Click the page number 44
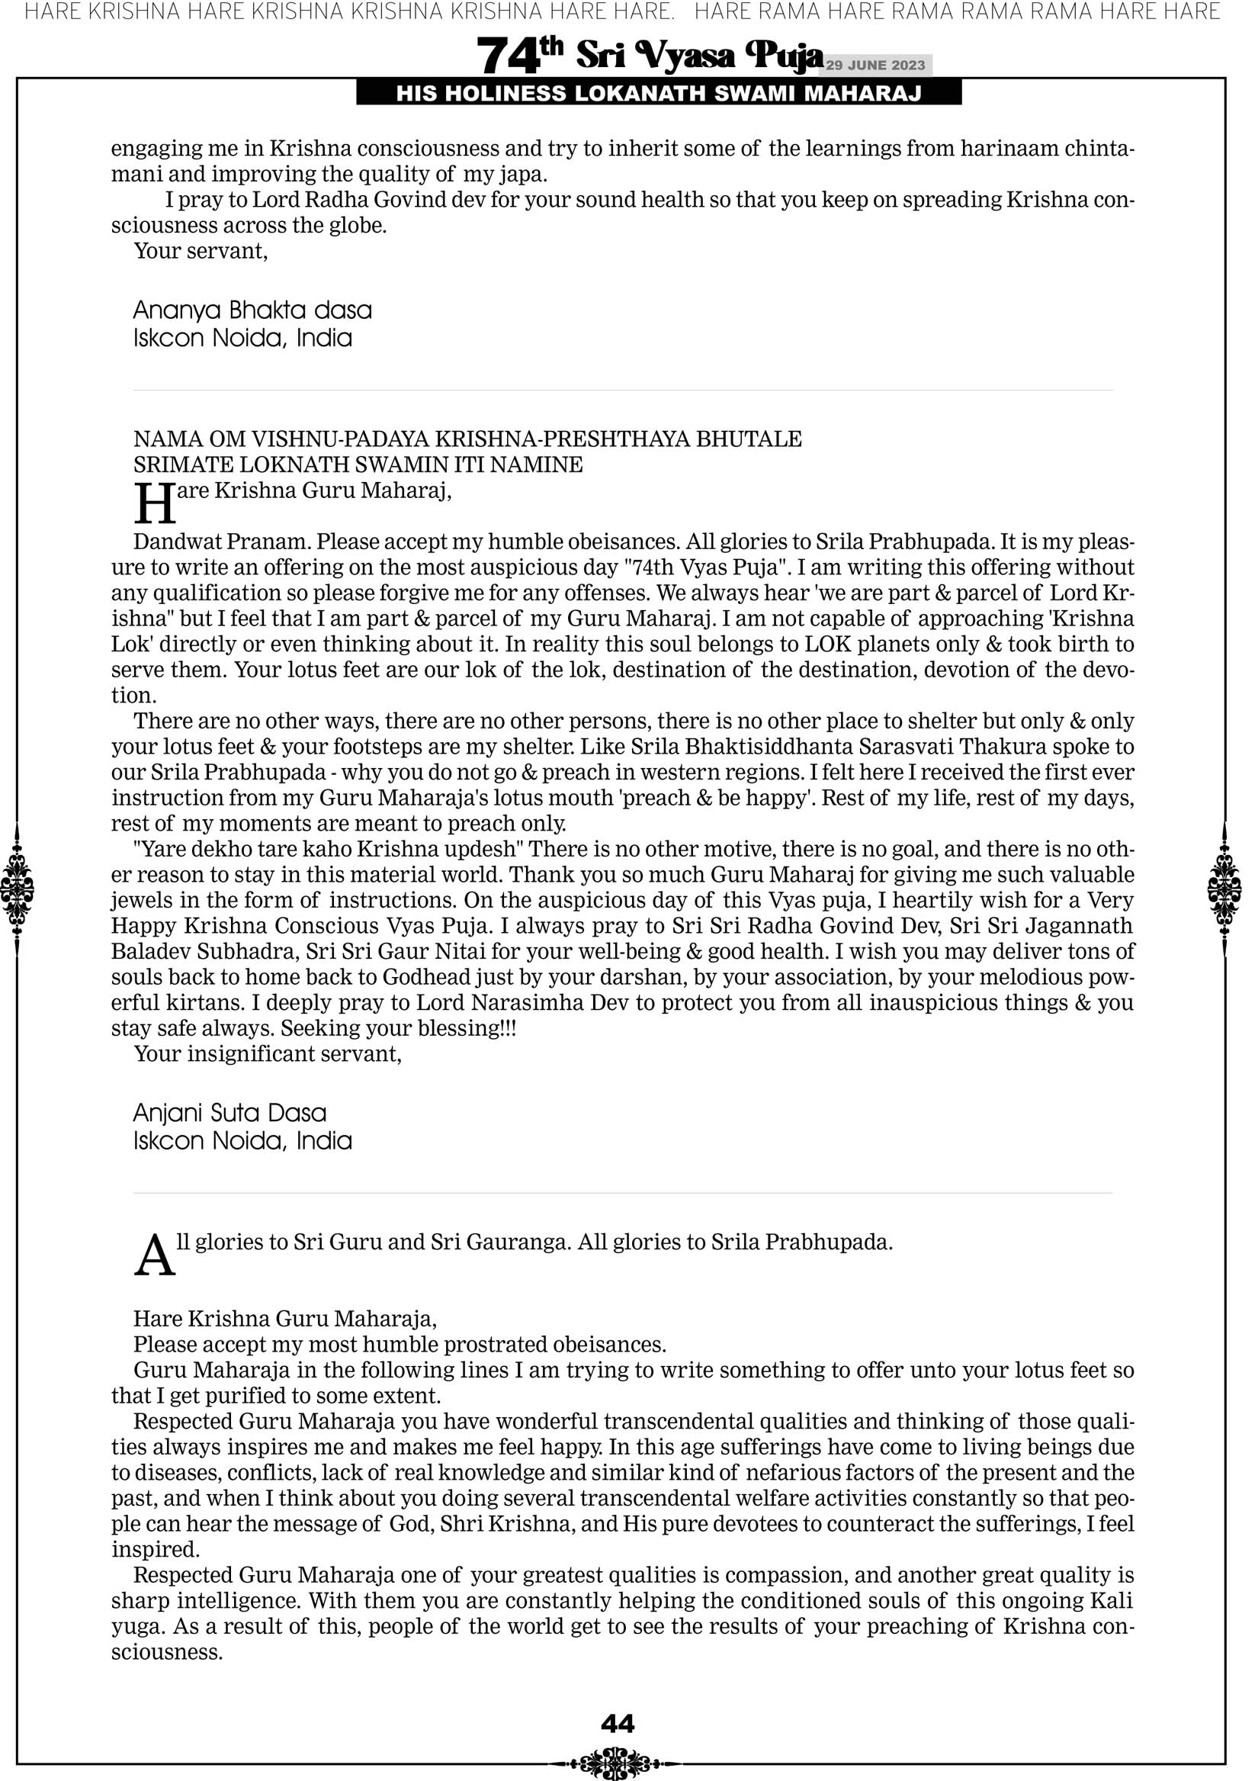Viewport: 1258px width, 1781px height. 618,1724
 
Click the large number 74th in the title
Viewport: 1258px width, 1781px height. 519,56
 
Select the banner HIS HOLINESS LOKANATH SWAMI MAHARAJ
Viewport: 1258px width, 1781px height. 659,94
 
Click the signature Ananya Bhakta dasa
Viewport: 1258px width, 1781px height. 252,310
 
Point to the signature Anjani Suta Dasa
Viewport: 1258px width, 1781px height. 229,1113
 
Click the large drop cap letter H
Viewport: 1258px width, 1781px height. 154,504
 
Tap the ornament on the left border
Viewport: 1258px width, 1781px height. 17,889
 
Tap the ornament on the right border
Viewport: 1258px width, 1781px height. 1224,889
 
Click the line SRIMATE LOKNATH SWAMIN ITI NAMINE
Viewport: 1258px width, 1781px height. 358,465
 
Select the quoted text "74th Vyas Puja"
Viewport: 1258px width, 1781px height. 705,567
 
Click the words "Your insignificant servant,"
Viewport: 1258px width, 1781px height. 268,1053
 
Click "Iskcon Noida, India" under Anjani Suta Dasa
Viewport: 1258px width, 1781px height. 242,1140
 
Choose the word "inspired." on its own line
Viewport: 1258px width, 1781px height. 155,1549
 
